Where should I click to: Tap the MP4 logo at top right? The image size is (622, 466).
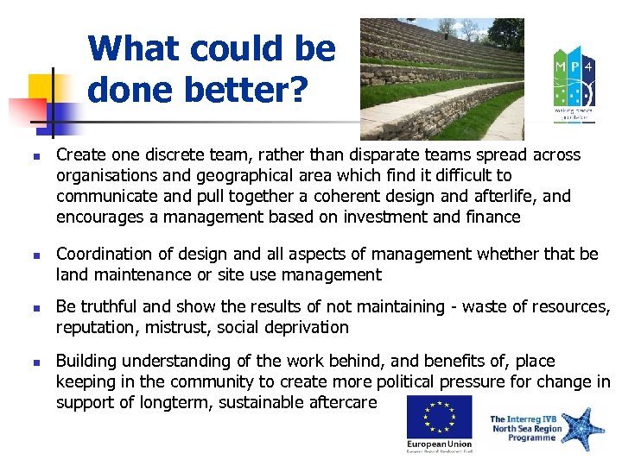pyautogui.click(x=573, y=82)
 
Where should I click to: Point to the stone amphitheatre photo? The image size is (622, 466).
pyautogui.click(x=441, y=79)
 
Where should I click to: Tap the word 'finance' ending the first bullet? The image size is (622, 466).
pyautogui.click(x=492, y=217)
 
